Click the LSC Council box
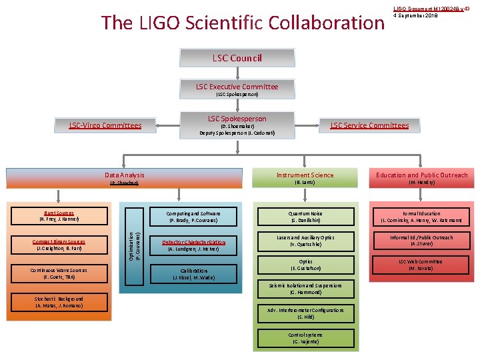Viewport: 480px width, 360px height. (237, 58)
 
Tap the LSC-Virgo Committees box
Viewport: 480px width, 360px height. (105, 125)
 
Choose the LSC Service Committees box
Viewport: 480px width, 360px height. (369, 125)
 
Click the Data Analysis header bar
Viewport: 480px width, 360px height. (125, 178)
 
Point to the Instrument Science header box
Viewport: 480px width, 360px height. (305, 178)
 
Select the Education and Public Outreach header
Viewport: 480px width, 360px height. (421, 178)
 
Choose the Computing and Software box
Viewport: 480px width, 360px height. (193, 216)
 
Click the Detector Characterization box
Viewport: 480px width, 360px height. (193, 245)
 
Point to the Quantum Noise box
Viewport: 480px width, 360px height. (306, 216)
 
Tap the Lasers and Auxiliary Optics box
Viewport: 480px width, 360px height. (306, 241)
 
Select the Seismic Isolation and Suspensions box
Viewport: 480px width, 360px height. (306, 289)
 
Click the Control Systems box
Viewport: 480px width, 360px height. (306, 338)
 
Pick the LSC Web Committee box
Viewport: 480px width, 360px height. (421, 265)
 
